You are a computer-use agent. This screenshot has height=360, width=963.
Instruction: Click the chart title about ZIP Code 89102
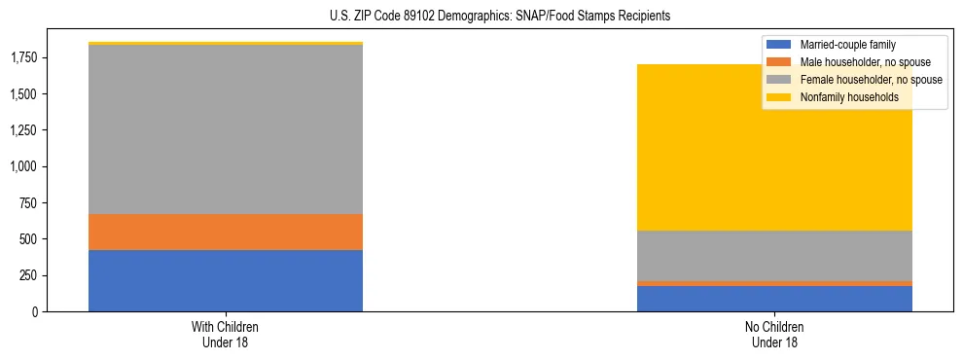[500, 17]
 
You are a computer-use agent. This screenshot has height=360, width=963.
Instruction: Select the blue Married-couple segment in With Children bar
[226, 281]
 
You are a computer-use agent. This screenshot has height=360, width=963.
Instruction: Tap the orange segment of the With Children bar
[226, 233]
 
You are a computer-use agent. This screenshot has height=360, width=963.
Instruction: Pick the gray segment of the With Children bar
[226, 129]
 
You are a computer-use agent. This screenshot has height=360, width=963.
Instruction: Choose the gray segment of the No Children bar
[774, 256]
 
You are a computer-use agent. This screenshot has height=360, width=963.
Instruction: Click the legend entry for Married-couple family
[847, 45]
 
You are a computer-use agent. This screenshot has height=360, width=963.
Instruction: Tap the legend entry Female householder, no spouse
[871, 80]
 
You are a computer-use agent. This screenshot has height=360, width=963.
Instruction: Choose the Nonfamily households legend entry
[849, 97]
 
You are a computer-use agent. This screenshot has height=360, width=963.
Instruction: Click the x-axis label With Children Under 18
[226, 335]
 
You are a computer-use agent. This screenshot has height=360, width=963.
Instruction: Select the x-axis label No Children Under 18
[774, 335]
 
